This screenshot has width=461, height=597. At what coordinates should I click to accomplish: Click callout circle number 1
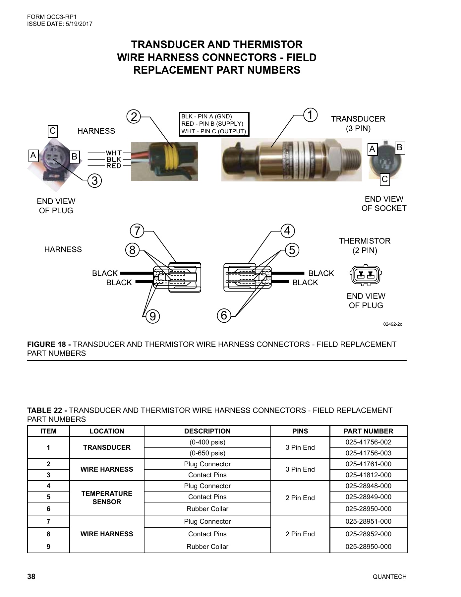(311, 115)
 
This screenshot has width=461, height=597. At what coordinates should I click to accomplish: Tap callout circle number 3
(95, 181)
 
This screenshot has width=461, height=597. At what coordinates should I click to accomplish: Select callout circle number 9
(152, 316)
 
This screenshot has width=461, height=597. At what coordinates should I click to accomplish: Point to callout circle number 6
(224, 315)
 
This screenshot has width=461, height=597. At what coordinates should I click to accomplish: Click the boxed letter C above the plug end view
(53, 131)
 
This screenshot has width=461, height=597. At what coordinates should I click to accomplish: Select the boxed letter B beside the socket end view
(399, 147)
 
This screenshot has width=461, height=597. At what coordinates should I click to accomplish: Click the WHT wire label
(114, 153)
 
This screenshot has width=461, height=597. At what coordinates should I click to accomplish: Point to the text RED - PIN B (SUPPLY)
(212, 124)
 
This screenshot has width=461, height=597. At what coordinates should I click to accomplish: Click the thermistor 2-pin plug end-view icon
(366, 275)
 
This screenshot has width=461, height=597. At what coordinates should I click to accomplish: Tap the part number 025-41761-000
(368, 464)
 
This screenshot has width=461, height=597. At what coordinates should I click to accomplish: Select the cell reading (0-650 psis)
(207, 453)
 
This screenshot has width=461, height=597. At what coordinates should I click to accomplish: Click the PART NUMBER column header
(368, 431)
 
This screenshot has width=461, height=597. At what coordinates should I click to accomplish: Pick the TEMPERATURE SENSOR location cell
(107, 497)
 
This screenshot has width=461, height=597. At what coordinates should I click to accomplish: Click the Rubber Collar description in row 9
(207, 547)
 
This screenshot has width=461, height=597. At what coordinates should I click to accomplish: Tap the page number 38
(31, 576)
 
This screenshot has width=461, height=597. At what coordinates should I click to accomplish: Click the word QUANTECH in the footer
(389, 577)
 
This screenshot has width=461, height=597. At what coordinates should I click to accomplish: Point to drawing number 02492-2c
(392, 324)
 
